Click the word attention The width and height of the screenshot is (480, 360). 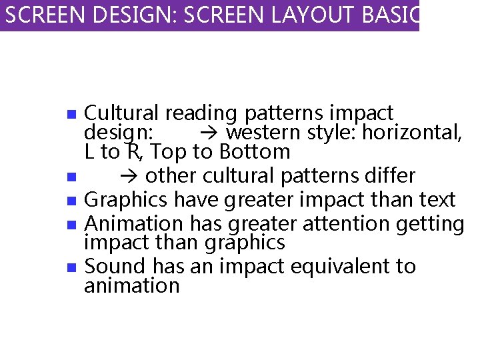pos(340,223)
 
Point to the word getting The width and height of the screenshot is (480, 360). pos(430,224)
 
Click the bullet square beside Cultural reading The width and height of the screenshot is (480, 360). pos(72,114)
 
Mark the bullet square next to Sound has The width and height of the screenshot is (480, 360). pos(72,267)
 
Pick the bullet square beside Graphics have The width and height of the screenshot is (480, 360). pos(72,201)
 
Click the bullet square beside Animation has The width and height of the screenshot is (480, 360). pos(72,224)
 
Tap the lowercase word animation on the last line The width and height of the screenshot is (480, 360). pos(132,286)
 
